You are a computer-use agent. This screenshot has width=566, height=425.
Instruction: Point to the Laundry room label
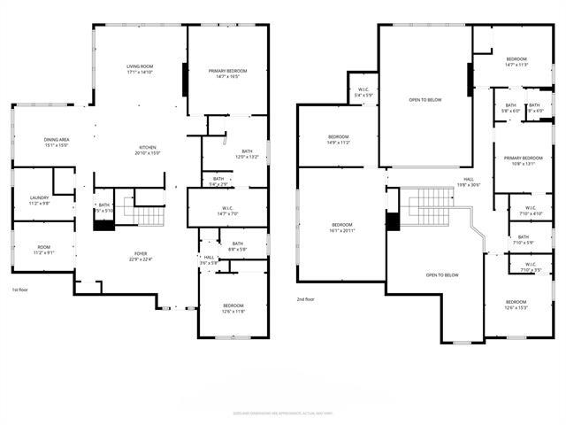[39, 200]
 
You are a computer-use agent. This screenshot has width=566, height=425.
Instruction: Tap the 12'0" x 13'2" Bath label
[247, 154]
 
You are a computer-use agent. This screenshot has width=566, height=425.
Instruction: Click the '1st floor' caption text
[20, 290]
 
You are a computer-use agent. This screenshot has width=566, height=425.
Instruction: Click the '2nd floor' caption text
[306, 299]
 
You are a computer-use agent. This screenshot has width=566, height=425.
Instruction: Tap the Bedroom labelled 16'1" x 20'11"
[342, 228]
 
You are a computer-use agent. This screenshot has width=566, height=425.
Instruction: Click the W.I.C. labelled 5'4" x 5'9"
[363, 91]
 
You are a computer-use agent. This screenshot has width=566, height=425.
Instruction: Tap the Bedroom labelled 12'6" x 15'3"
[516, 305]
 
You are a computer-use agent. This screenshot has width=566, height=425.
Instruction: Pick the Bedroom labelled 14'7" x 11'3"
[516, 61]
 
